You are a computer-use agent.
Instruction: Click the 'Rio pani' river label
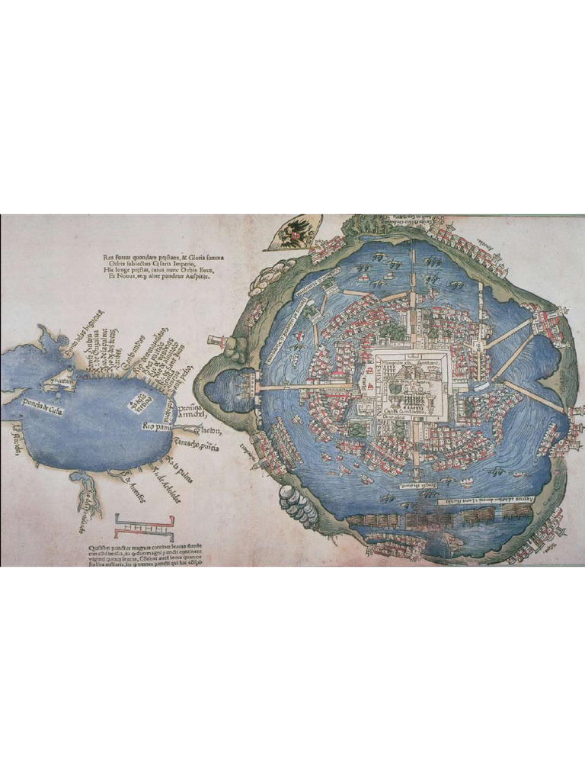pyautogui.click(x=155, y=428)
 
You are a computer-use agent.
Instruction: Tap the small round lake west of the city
pyautogui.click(x=222, y=387)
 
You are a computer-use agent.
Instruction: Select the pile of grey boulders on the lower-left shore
pyautogui.click(x=297, y=504)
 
